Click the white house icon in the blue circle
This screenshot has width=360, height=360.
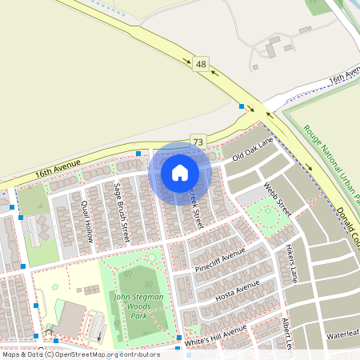pyautogui.click(x=180, y=172)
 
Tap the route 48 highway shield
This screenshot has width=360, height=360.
pyautogui.click(x=199, y=63)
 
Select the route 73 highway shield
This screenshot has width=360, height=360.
pyautogui.click(x=198, y=142)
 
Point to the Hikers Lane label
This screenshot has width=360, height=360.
pyautogui.click(x=287, y=263)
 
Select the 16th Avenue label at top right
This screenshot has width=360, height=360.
pyautogui.click(x=345, y=77)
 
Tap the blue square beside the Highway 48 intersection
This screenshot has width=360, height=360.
pyautogui.click(x=241, y=106)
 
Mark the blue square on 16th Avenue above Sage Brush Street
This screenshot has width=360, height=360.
pyautogui.click(x=138, y=153)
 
